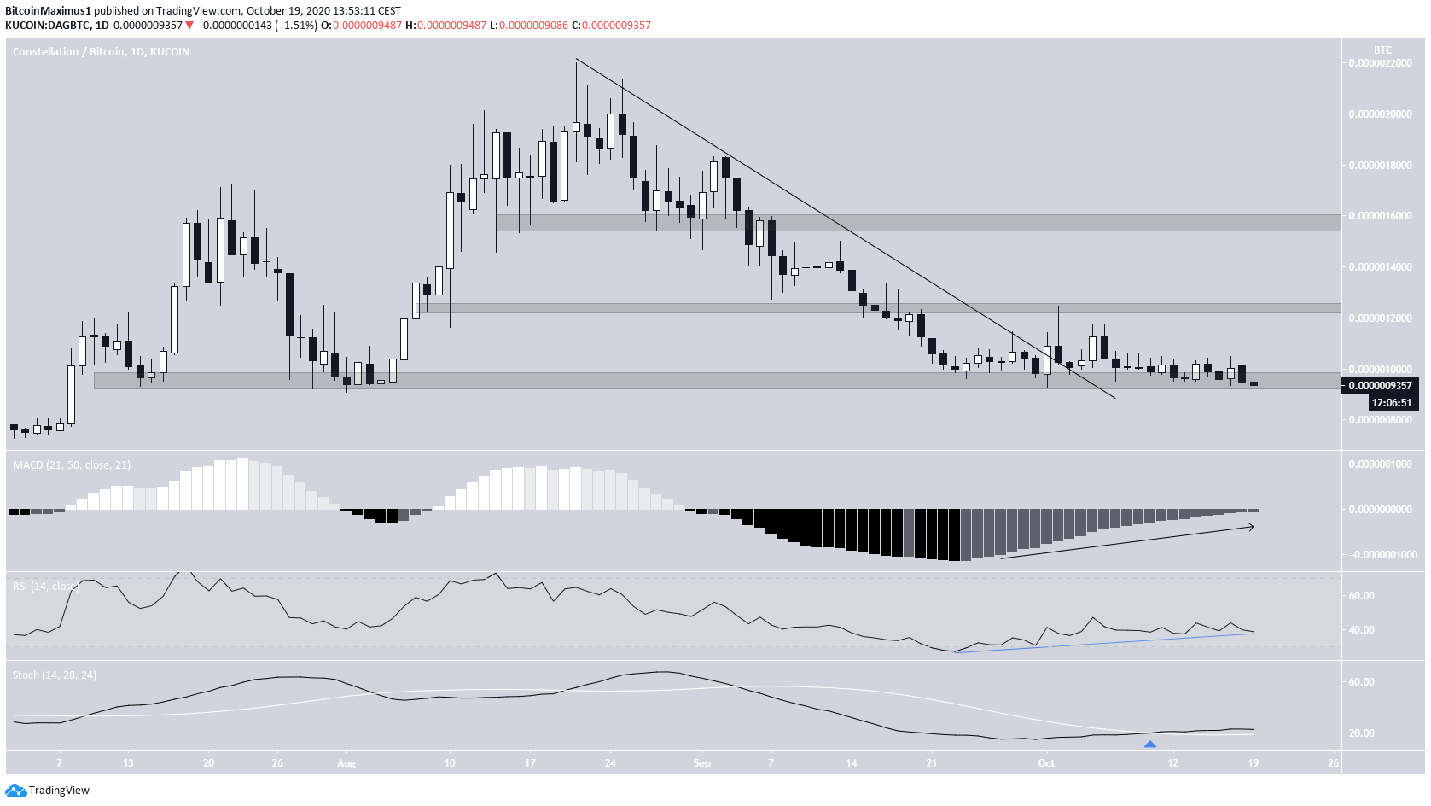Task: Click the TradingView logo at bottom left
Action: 48,791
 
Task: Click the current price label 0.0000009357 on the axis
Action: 1380,386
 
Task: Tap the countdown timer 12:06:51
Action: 1391,403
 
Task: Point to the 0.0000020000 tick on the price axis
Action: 1380,114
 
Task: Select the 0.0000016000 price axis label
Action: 1380,216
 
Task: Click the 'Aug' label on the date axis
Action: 346,763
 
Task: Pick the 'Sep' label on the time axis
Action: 701,763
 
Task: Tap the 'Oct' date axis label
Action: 1046,763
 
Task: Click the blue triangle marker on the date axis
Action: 1150,745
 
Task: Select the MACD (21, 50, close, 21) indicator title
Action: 72,465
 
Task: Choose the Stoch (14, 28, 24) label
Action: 55,675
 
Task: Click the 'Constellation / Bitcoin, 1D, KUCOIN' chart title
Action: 101,52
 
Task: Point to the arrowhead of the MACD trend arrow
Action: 1252,527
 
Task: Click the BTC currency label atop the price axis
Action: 1382,50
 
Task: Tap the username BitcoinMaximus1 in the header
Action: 48,11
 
